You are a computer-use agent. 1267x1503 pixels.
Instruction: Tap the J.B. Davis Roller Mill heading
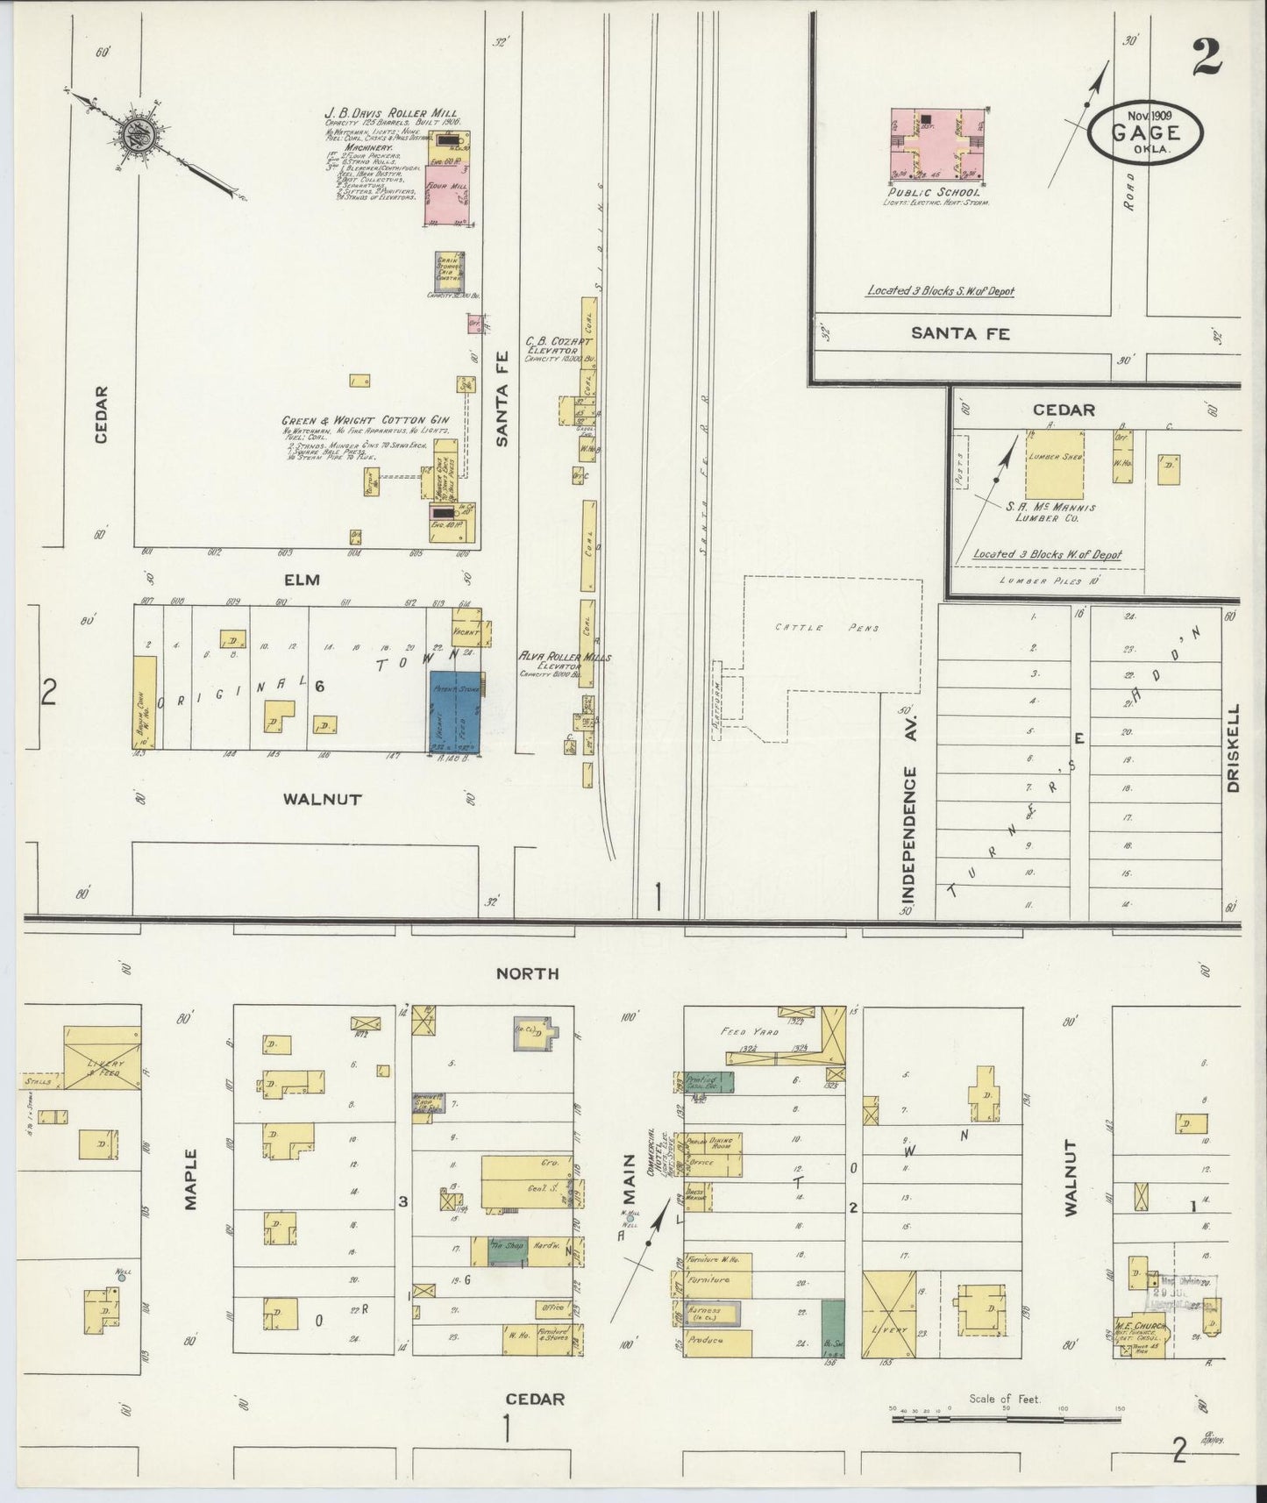(392, 113)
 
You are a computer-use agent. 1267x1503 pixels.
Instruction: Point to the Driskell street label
(1233, 748)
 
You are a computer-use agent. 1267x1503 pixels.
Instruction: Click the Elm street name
(302, 580)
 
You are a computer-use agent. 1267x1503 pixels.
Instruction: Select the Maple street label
(192, 1179)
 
